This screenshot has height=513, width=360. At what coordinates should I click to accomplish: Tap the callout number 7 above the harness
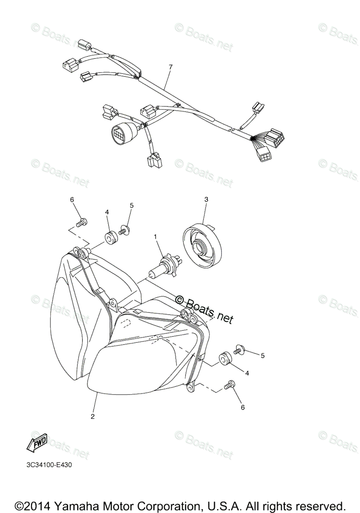click(x=171, y=68)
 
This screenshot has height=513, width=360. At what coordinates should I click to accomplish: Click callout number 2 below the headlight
click(x=92, y=416)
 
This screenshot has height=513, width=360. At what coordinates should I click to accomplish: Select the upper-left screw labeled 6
click(x=83, y=222)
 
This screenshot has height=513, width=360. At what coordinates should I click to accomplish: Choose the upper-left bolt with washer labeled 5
click(x=124, y=230)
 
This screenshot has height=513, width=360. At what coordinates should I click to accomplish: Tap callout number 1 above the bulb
click(x=156, y=236)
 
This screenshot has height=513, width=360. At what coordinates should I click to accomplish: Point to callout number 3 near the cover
click(x=207, y=199)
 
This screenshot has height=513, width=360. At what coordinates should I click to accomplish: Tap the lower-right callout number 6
click(x=243, y=407)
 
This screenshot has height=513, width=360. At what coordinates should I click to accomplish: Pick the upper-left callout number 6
click(x=72, y=200)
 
